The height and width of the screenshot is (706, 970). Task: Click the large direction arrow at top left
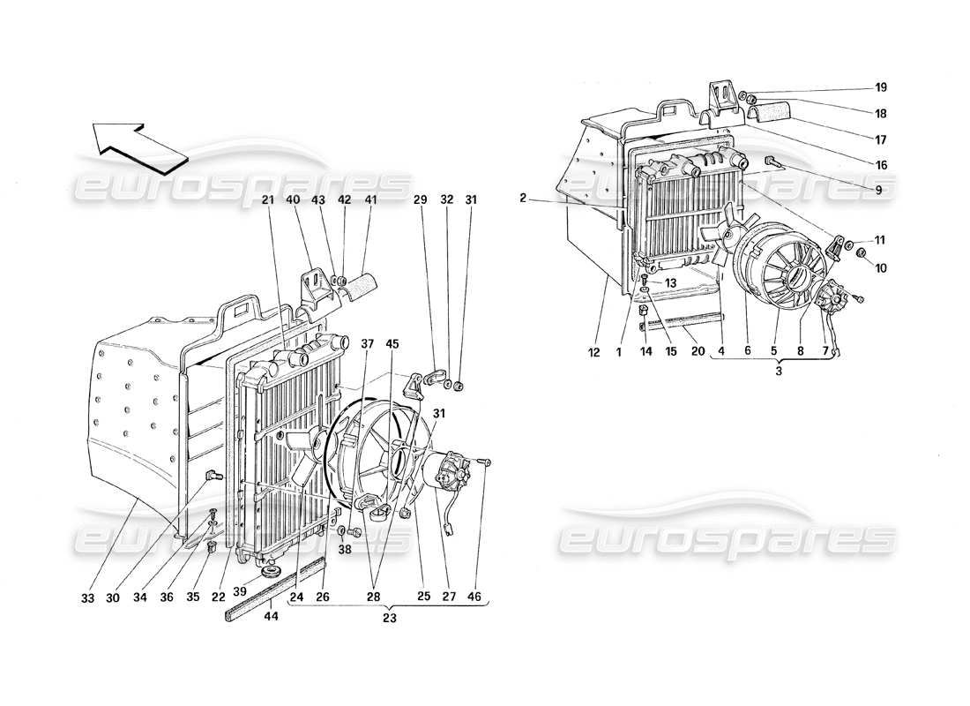141,142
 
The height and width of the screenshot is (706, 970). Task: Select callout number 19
881,88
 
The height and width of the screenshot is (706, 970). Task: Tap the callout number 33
88,597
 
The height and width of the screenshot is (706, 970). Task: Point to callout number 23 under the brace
389,619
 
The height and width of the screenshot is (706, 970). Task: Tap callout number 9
880,188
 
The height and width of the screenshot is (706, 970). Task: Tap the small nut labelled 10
863,257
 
